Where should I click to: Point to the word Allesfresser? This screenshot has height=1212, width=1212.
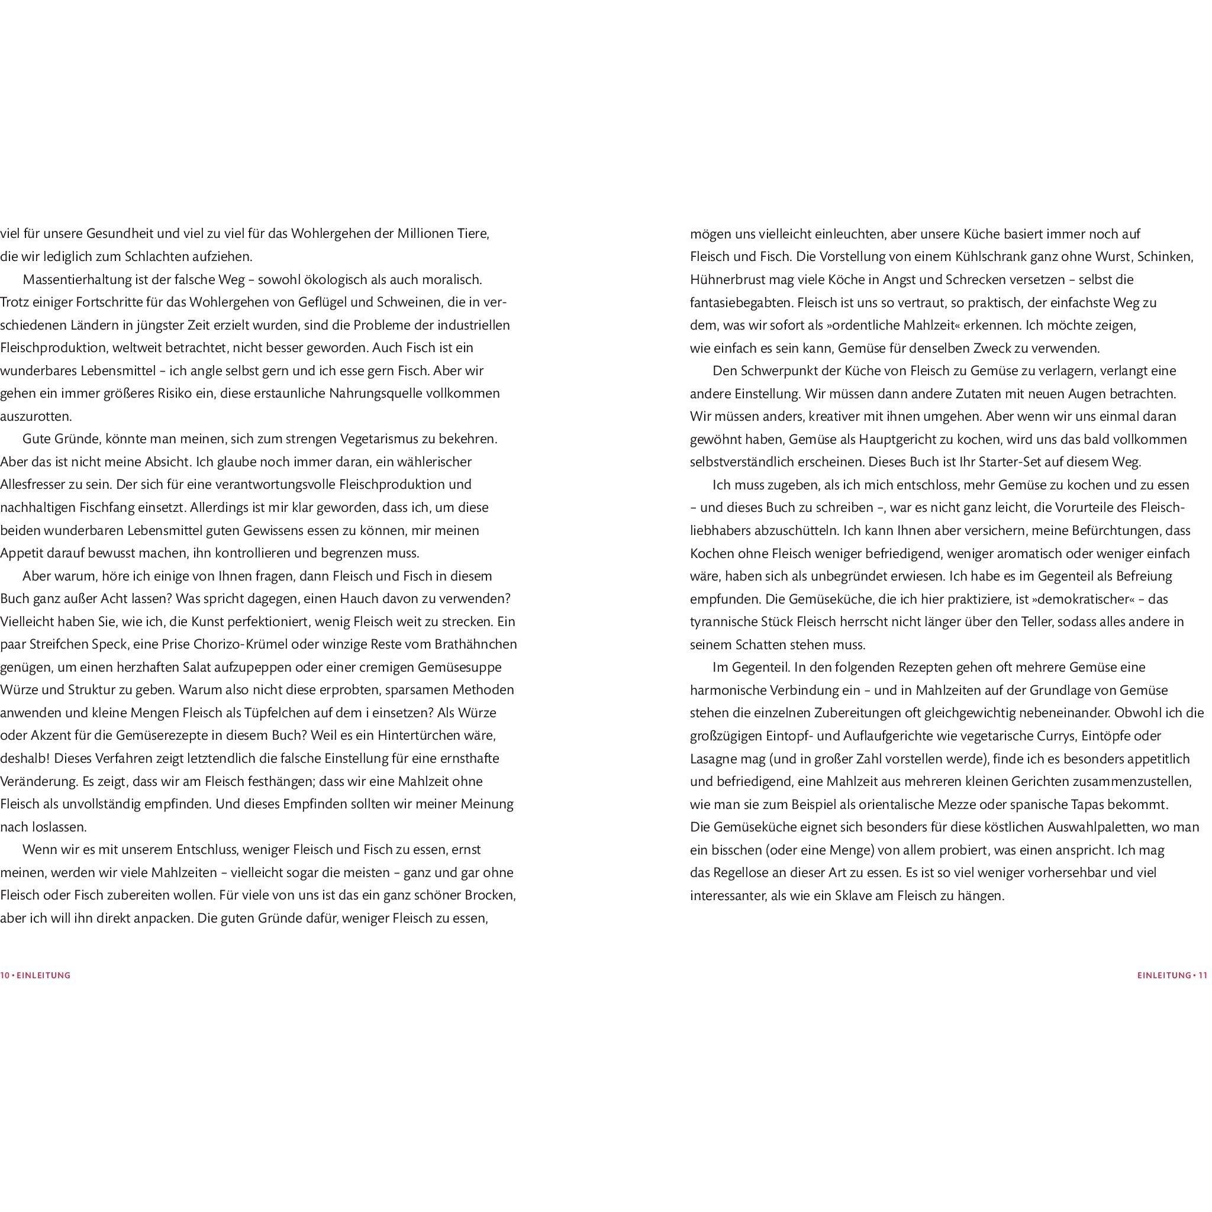(x=35, y=485)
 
